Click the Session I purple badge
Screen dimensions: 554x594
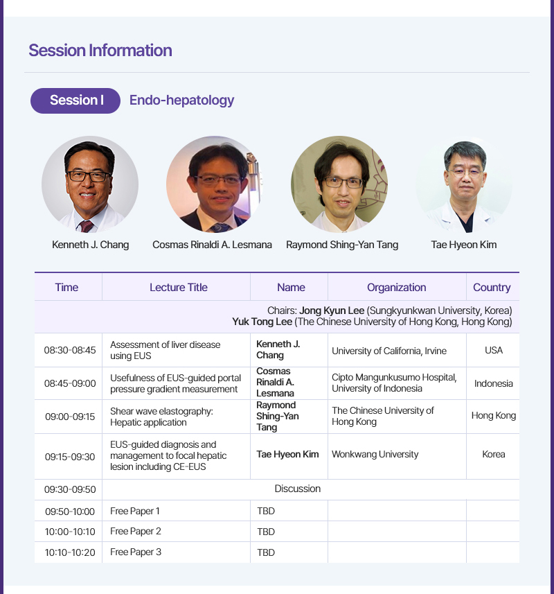point(75,101)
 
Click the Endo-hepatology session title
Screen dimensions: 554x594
point(181,101)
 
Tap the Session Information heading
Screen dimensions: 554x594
point(100,51)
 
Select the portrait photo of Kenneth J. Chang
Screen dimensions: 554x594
point(90,184)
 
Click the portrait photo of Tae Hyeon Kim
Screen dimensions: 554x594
point(464,184)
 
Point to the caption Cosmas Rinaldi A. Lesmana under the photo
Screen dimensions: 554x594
point(213,245)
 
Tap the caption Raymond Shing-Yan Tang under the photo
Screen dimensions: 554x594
point(342,245)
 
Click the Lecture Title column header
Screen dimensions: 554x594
point(179,287)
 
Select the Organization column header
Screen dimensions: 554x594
point(397,288)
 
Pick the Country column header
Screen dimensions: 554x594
point(492,288)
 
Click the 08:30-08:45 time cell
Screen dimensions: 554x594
point(70,350)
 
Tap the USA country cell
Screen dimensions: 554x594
point(494,350)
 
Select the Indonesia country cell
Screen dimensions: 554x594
point(494,383)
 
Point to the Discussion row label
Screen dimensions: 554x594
point(298,489)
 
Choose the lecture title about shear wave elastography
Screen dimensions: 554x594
point(161,417)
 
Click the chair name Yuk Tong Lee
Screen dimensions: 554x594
point(262,322)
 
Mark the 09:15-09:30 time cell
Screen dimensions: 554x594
point(70,457)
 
